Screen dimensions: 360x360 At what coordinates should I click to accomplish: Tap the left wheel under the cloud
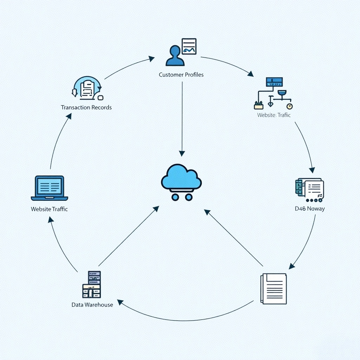point(175,197)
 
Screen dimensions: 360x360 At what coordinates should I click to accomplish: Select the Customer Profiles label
point(181,75)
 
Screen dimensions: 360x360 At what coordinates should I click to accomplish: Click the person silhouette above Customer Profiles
point(175,56)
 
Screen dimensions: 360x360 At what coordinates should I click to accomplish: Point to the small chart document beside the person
point(189,46)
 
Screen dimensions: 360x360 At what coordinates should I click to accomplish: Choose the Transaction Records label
point(86,107)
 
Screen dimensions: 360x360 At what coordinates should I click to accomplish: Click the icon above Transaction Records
point(86,88)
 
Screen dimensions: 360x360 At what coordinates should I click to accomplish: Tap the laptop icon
point(50,187)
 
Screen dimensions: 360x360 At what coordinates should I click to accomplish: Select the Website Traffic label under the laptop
point(49,209)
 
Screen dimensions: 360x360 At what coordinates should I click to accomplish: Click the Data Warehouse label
point(92,304)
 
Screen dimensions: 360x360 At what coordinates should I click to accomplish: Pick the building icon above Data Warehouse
point(92,284)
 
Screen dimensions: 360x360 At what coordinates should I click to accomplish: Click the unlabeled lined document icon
point(274,289)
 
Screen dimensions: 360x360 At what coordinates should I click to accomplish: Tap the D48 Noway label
point(310,208)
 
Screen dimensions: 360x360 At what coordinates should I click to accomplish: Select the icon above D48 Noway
point(309,190)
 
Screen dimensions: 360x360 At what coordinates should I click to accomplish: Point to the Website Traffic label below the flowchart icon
point(274,115)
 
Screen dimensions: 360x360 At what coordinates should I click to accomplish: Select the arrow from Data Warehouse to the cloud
point(128,236)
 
